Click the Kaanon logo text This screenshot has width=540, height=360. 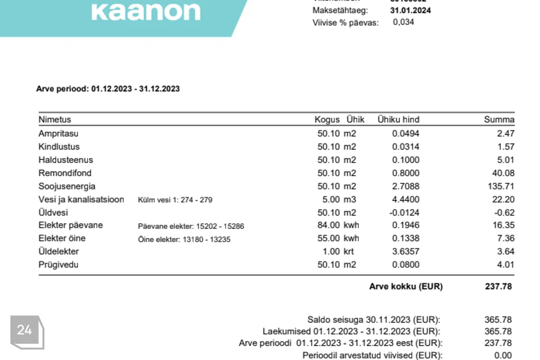coord(146,11)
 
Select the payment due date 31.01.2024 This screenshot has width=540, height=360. coord(411,10)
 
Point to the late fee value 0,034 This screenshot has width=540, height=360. coord(403,22)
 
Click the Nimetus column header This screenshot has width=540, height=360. coord(55,119)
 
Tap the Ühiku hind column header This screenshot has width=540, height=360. coord(398,119)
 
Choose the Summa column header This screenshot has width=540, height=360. coord(499,119)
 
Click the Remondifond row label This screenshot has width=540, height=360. coord(65,173)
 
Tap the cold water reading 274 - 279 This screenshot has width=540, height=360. coord(196,200)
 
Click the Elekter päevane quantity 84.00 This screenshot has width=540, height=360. coord(329,225)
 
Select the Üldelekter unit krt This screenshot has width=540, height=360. coord(350,251)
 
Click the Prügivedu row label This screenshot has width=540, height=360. coord(58,264)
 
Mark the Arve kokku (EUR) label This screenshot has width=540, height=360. coord(406,286)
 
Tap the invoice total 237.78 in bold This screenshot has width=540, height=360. coord(498,286)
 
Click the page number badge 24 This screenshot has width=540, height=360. coord(25,330)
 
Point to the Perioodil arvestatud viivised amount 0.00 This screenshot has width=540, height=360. coord(503,355)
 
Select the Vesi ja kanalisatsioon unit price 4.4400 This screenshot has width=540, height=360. coord(406,199)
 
